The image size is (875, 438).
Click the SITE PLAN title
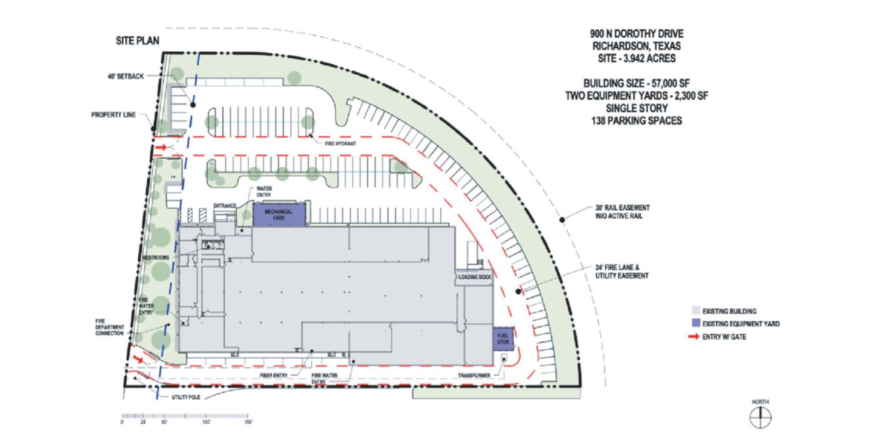tap(137, 41)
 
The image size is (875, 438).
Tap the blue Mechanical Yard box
tap(279, 215)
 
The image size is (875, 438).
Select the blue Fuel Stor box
tap(503, 339)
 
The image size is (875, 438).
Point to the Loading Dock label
tap(474, 277)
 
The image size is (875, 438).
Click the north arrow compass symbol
tap(760, 418)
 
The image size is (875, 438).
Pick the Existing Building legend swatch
tap(695, 311)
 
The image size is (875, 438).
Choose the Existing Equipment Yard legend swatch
tap(695, 323)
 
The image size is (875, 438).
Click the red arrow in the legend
tap(694, 337)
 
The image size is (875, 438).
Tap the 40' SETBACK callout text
tap(125, 76)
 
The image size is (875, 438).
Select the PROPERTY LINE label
tap(113, 115)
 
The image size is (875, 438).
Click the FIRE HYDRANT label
tap(340, 144)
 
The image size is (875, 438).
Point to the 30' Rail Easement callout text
tap(622, 212)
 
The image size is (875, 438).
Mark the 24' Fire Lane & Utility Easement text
tap(622, 271)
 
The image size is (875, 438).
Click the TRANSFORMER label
tap(474, 375)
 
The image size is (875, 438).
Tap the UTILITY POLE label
tap(186, 397)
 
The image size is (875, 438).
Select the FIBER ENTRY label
tap(273, 375)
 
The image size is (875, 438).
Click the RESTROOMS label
tap(156, 258)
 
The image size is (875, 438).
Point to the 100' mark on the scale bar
tap(206, 422)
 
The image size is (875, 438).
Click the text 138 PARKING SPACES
tap(636, 121)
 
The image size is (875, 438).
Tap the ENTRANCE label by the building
tap(225, 205)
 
